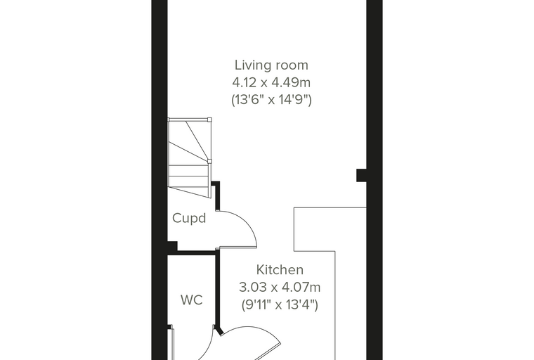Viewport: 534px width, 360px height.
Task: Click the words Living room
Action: tap(271, 65)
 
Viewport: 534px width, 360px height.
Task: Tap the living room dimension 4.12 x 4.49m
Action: tap(271, 82)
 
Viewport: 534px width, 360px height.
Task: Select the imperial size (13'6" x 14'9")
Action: tap(271, 100)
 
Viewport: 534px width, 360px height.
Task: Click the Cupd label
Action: tap(189, 218)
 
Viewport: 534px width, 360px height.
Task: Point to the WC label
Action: tap(192, 300)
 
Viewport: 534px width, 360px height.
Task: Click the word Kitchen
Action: tap(280, 270)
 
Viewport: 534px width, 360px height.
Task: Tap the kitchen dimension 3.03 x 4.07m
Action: tap(280, 287)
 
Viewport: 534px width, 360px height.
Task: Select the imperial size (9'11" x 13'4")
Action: tap(280, 304)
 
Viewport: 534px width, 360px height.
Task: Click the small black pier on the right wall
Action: tap(361, 175)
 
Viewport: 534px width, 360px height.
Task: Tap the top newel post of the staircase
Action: tap(209, 120)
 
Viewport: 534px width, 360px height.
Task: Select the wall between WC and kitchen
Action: tap(217, 290)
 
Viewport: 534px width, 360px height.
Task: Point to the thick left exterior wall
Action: tap(159, 180)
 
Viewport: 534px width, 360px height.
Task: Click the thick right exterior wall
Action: tap(375, 180)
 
